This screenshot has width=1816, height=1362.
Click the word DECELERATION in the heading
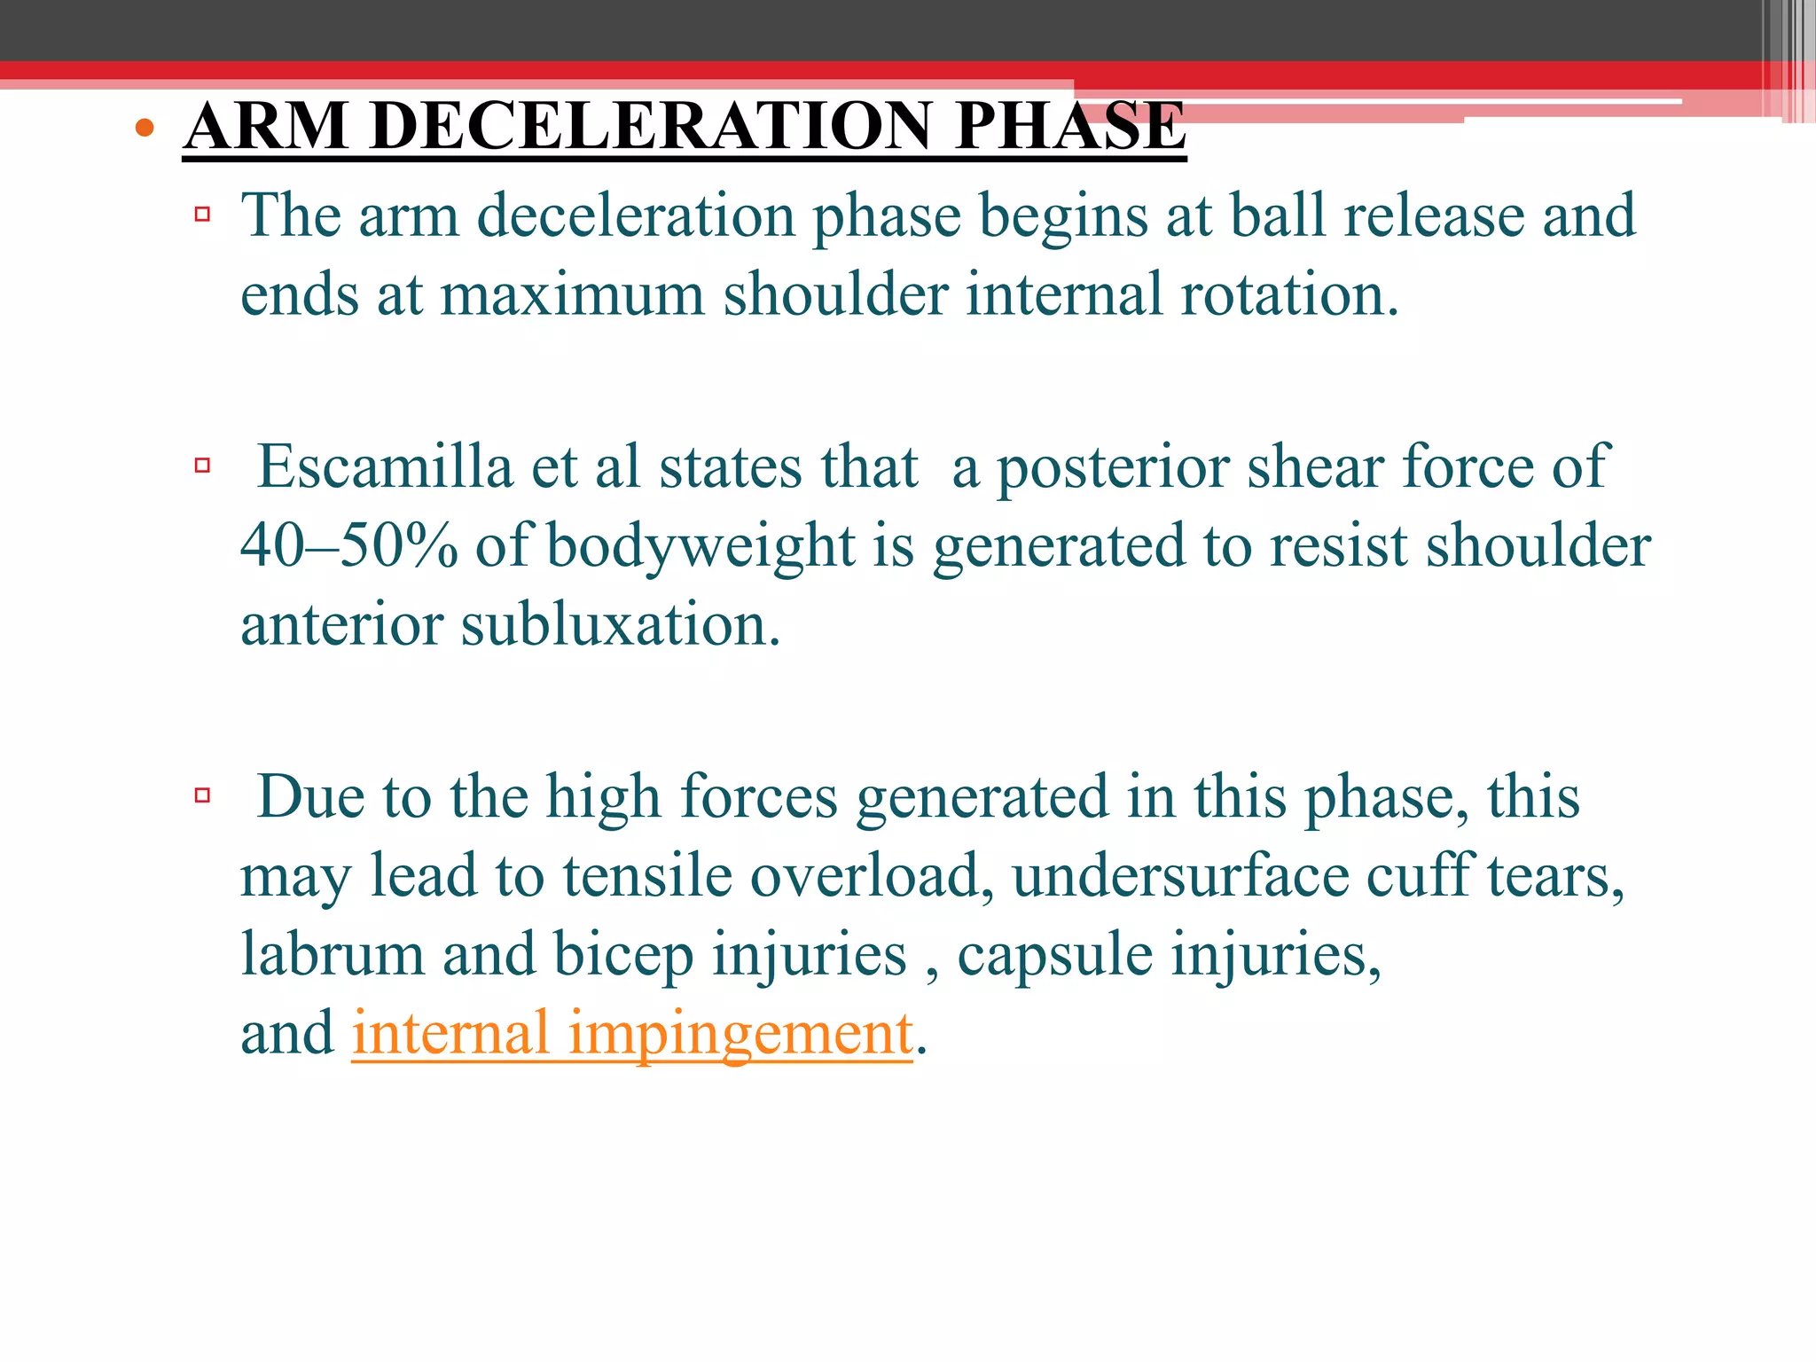point(651,126)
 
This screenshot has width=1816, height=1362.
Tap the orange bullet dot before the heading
point(145,129)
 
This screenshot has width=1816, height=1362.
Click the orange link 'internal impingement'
point(631,1034)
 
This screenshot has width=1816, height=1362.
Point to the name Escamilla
point(385,467)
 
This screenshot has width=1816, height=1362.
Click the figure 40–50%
point(349,545)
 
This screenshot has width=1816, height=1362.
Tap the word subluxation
point(620,624)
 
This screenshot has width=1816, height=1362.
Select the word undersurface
point(1179,876)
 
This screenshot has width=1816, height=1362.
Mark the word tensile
point(647,876)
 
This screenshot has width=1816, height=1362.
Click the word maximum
point(572,295)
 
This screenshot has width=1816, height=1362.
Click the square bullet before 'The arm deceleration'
point(202,214)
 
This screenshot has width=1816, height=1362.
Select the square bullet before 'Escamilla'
point(202,465)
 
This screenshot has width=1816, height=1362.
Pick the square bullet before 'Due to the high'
point(202,794)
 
